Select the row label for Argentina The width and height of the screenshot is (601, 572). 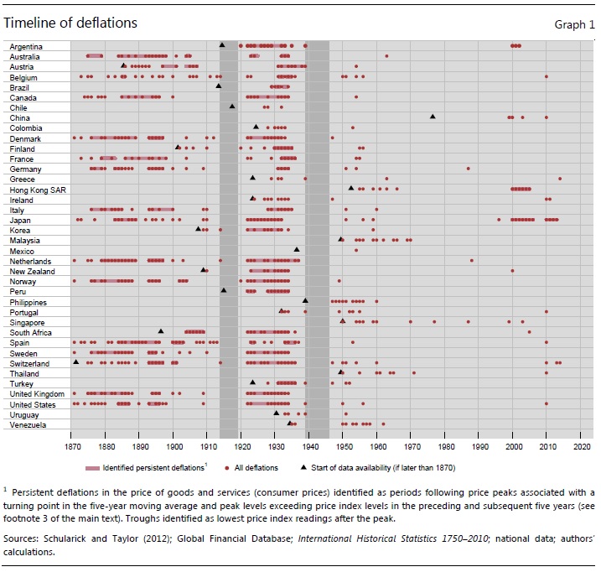point(27,46)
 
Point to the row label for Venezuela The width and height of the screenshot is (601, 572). point(28,424)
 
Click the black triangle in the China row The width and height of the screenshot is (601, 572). point(433,117)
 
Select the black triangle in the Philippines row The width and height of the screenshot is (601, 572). point(305,300)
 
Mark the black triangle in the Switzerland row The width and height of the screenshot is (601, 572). point(76,362)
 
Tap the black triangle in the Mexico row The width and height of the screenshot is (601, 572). point(297,249)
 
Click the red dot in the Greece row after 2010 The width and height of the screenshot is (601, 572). point(560,179)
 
